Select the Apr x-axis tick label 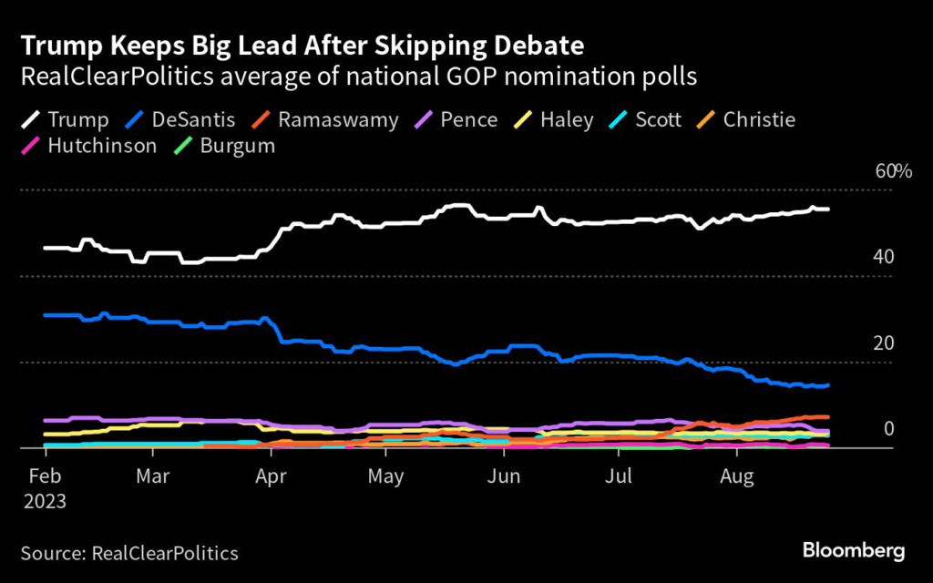[x=269, y=476]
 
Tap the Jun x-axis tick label [x=503, y=476]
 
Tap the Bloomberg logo [x=854, y=550]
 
